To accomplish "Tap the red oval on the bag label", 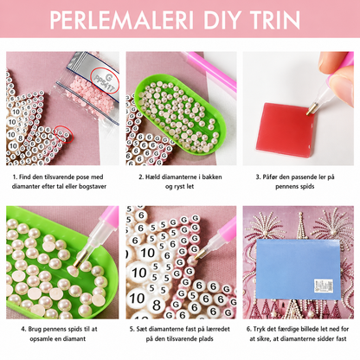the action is (105, 80).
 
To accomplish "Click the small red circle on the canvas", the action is (64, 134).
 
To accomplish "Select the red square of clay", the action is (285, 130).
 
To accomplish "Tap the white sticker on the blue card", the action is (324, 286).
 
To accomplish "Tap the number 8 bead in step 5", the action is (157, 305).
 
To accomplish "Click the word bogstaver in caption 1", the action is (93, 186).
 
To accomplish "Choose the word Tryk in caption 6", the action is (260, 329).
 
